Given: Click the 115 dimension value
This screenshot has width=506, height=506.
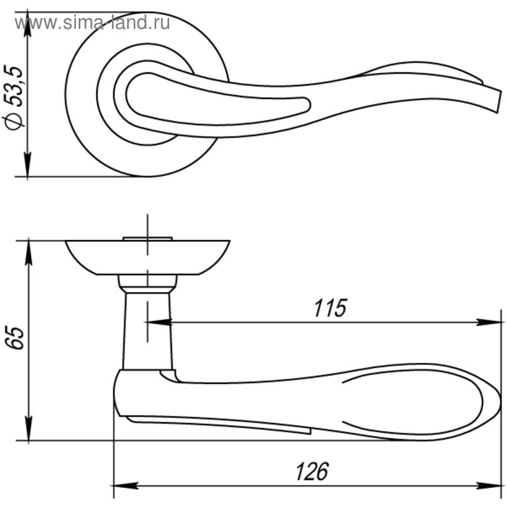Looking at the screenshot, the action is pos(330,307).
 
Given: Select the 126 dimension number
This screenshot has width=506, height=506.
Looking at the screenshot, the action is pos(312,471).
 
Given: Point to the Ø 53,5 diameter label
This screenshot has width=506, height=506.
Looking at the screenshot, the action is pos(14,98).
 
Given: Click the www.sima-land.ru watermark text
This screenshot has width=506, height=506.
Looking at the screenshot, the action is pos(92,22).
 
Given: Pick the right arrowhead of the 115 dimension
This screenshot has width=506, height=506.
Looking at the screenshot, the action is pos(489,322).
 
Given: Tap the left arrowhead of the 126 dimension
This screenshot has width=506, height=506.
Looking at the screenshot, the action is pos(126,486).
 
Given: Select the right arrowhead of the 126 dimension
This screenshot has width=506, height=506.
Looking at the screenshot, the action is pos(489,486).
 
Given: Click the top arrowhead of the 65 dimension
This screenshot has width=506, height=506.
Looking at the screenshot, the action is pos(29,253).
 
